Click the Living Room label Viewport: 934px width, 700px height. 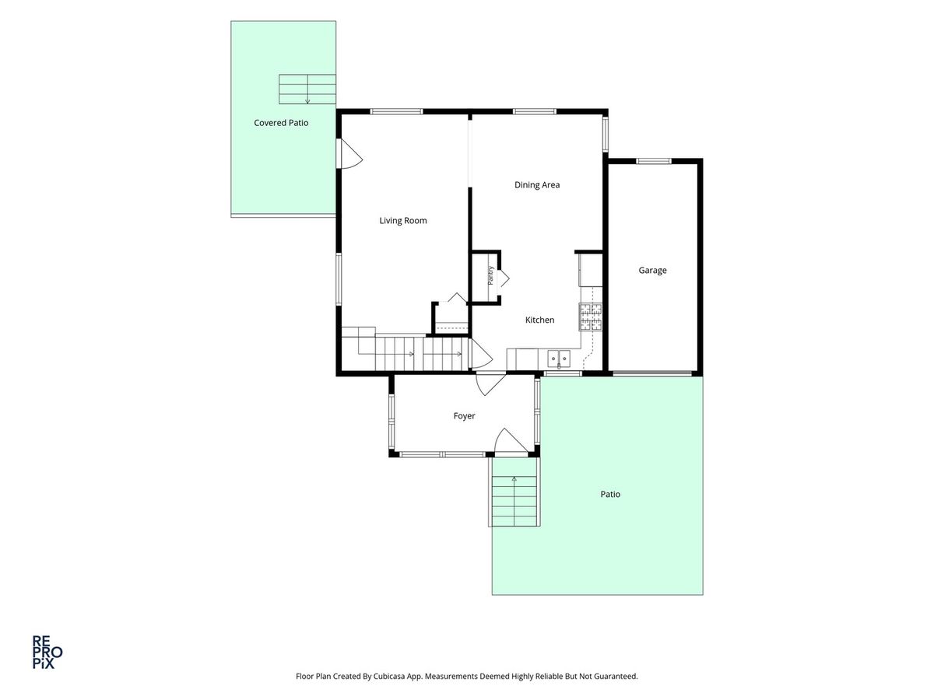coord(402,221)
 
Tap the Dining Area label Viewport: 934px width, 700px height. coord(536,185)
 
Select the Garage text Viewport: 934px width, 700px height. coord(652,271)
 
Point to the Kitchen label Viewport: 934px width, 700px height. coord(539,320)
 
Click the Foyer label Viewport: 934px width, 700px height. coord(464,416)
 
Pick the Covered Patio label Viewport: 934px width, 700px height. coord(281,123)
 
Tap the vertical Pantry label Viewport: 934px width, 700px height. coord(490,275)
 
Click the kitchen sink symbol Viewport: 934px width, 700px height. coord(558,359)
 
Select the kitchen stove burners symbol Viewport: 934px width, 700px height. coord(591,317)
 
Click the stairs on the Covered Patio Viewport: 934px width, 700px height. coord(307,89)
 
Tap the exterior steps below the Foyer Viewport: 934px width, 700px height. coord(514,502)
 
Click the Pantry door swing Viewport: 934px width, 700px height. coord(504,278)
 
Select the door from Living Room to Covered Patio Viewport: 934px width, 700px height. coord(349,154)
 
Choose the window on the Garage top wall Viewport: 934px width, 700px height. coord(653,161)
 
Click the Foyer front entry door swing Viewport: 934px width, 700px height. coord(511,442)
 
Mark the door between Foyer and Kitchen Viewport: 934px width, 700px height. coord(490,385)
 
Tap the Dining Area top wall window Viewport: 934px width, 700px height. coord(535,112)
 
